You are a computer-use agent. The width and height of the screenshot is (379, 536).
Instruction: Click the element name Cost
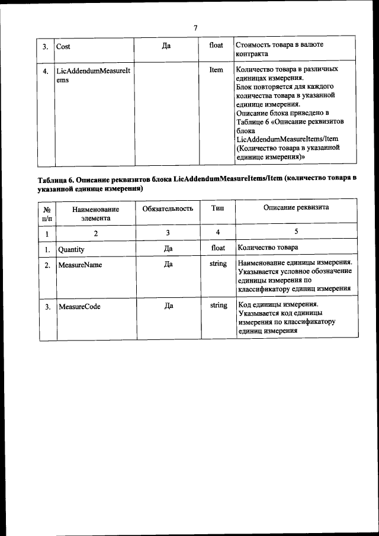click(x=63, y=46)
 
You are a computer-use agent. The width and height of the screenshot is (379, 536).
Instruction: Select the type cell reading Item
click(x=216, y=70)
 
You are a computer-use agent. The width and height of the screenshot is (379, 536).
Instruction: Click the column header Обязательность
click(x=168, y=208)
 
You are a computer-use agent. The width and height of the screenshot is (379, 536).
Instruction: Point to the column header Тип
click(x=217, y=208)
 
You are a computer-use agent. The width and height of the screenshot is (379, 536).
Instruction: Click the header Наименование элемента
click(x=95, y=213)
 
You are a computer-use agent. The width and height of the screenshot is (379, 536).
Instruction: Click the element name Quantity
click(x=71, y=249)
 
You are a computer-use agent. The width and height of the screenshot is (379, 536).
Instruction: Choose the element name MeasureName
click(x=80, y=265)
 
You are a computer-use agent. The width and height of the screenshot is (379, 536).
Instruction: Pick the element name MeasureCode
click(x=79, y=306)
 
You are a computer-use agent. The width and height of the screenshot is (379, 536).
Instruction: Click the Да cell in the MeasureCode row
click(x=168, y=306)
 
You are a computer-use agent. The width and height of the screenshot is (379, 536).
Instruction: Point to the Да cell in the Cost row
click(x=166, y=45)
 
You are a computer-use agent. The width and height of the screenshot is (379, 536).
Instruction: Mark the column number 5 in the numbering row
click(x=296, y=232)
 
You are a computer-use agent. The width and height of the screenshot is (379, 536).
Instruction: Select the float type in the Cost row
click(x=216, y=45)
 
